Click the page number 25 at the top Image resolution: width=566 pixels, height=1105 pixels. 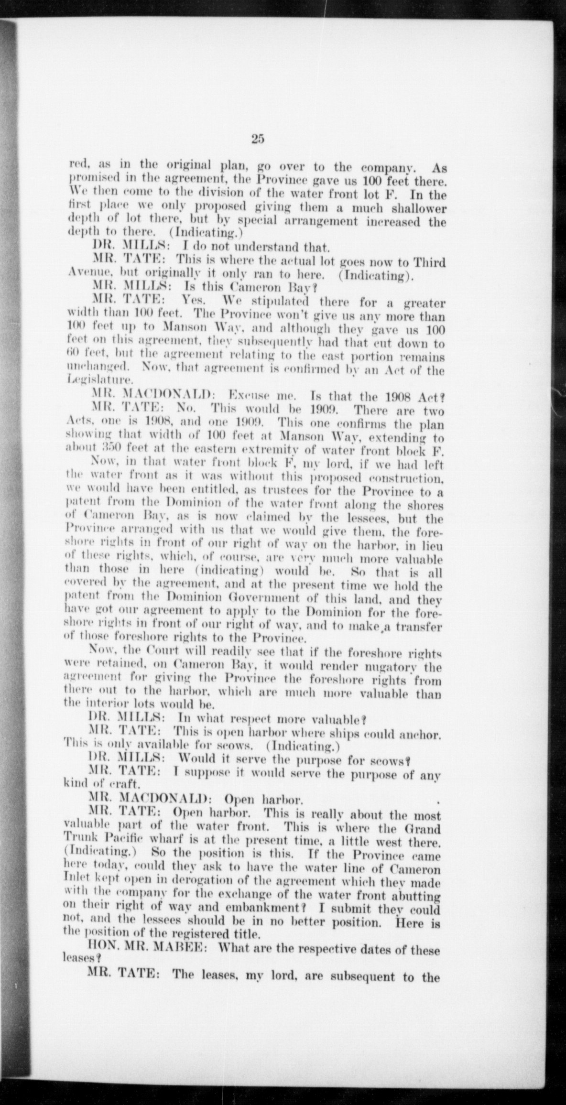pos(257,139)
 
